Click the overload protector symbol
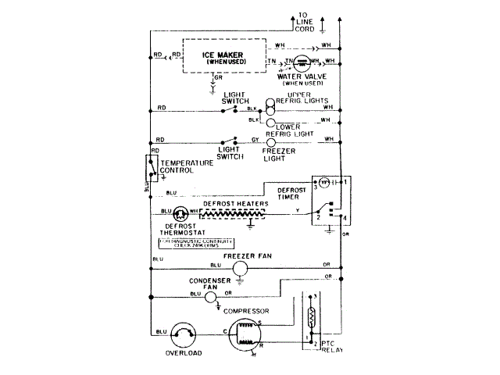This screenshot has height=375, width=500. click(184, 334)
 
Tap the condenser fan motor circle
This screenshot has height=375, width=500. click(196, 295)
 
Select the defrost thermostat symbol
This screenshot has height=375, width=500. click(181, 212)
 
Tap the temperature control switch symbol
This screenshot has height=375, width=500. click(150, 168)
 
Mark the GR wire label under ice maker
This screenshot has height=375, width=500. click(218, 77)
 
